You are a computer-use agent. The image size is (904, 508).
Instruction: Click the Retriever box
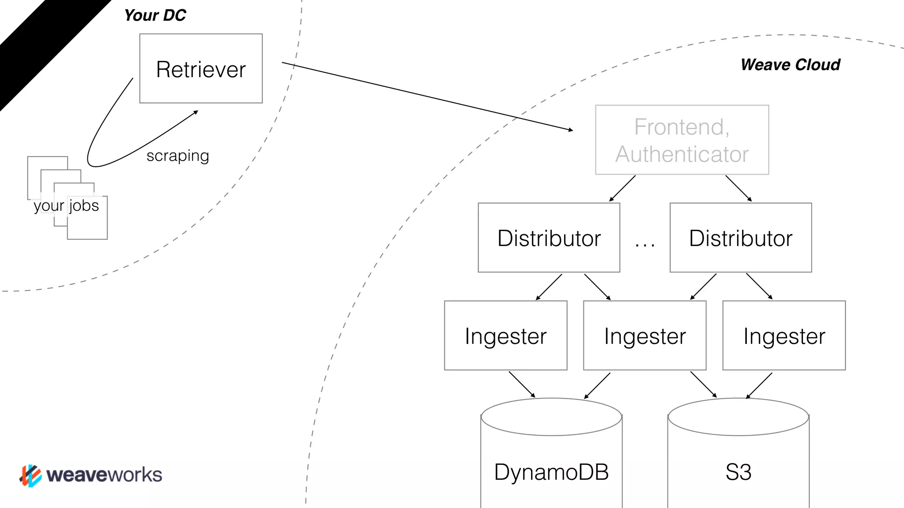point(201,69)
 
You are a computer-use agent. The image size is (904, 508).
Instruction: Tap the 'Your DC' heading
point(155,15)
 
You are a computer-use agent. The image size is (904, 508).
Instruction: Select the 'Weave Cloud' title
point(790,65)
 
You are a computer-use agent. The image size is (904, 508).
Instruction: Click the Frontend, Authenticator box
point(682,140)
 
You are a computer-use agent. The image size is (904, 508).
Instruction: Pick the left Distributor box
point(549,238)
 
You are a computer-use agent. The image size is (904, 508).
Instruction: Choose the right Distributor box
point(741,238)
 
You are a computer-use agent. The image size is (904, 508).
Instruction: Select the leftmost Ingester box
point(505,336)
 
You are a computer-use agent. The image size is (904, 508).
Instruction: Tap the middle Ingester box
point(644,336)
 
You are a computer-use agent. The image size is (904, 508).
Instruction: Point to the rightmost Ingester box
point(784,336)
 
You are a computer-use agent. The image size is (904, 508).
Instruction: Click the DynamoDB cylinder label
point(551,472)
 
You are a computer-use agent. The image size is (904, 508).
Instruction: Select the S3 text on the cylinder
point(738,472)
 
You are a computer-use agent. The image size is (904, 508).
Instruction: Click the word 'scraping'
point(178,156)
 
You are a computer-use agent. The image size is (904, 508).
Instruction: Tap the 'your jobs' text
point(66,205)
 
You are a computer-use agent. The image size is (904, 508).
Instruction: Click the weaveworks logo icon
point(30,475)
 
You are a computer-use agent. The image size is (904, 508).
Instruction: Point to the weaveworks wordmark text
point(104,475)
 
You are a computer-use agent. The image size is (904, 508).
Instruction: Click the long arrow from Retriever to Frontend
point(427,97)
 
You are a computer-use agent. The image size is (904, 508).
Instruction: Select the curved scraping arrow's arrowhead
point(196,112)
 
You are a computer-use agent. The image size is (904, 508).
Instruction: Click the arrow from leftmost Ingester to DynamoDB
point(522,384)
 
